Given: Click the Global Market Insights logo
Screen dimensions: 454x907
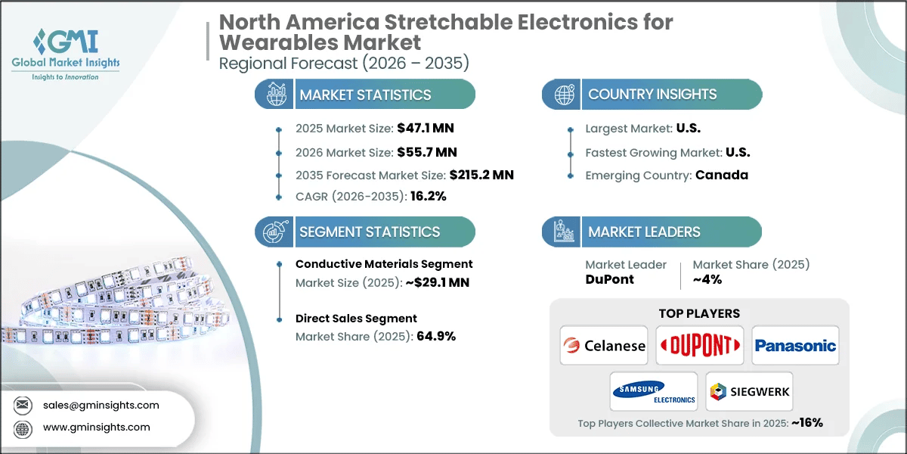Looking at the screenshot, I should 66,54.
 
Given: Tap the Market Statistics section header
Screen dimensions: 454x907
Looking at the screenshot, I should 365,95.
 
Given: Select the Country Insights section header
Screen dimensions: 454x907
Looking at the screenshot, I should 652,95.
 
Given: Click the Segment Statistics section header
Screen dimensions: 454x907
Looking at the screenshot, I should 369,232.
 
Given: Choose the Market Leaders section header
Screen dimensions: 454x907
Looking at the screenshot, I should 644,232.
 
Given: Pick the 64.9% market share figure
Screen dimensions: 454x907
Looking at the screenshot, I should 436,337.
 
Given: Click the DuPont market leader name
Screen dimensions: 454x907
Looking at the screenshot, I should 609,279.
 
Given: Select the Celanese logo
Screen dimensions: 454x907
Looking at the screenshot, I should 604,346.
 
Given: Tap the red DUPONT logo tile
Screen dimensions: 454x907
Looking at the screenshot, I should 699,346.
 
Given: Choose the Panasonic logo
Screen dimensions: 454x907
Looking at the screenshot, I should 795,346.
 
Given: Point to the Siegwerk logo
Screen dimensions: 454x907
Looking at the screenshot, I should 748,391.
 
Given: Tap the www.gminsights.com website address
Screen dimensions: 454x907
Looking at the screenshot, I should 97,428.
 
